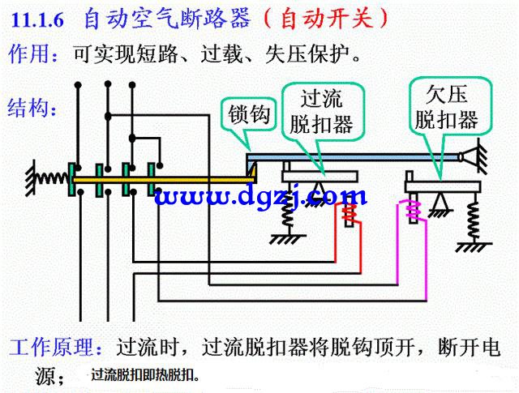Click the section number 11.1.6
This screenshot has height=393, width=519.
click(x=37, y=20)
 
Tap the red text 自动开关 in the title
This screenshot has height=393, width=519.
click(x=328, y=19)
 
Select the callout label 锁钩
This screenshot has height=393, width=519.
click(x=249, y=114)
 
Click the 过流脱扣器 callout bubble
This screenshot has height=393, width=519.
click(x=323, y=113)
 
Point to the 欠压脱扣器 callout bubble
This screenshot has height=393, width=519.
click(x=449, y=108)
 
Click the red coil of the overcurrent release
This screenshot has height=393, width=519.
click(x=350, y=213)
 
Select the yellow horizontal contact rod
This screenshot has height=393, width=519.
click(x=165, y=180)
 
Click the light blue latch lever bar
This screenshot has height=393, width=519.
click(x=354, y=157)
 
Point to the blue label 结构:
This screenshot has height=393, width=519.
click(x=32, y=108)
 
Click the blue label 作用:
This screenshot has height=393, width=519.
click(x=34, y=54)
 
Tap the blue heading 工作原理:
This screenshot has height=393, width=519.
click(x=56, y=347)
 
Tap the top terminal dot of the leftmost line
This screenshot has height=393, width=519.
click(x=78, y=85)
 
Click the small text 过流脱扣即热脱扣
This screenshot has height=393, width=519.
click(x=145, y=375)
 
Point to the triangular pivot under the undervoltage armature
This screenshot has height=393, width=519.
click(x=440, y=202)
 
